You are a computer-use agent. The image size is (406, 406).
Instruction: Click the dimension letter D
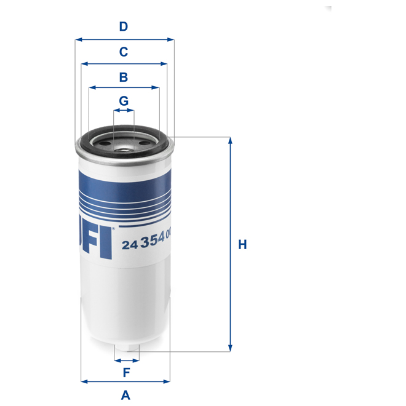tap(124, 26)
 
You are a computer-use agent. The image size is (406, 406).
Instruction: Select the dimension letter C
tap(124, 52)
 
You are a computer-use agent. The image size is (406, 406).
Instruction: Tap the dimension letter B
tap(124, 77)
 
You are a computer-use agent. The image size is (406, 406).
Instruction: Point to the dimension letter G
tap(124, 100)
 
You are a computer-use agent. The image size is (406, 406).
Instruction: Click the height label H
tap(242, 245)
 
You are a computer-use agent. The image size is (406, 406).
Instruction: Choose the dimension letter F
tap(126, 372)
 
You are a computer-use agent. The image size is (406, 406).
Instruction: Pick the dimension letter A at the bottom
tap(125, 396)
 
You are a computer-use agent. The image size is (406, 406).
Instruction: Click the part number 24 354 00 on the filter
tap(145, 244)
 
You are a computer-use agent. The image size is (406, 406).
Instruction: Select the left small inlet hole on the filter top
tap(101, 143)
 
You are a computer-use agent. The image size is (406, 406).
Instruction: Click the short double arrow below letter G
tap(124, 111)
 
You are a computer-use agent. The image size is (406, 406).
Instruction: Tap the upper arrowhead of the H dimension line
tap(230, 141)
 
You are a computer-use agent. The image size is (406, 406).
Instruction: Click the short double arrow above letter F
tap(127, 360)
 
